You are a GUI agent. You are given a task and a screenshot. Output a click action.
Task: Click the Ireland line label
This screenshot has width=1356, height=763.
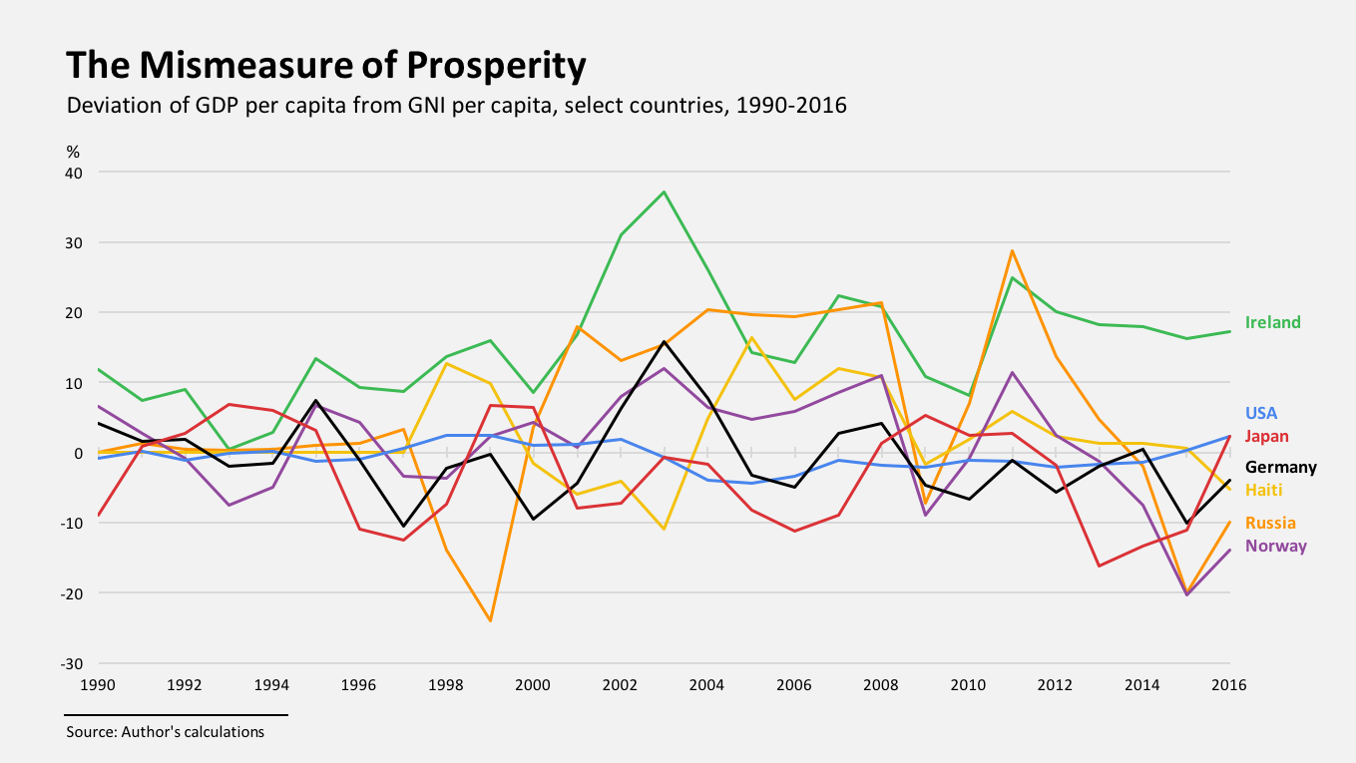pos(1273,322)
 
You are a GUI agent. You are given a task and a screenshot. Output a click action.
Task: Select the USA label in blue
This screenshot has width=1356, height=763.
pos(1261,413)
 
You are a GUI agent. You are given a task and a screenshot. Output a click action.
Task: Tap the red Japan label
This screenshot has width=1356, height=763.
pos(1267,436)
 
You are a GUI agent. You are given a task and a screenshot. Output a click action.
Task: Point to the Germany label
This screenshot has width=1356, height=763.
pos(1281,467)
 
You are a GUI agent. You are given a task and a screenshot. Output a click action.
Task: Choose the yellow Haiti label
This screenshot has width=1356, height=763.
pos(1264,490)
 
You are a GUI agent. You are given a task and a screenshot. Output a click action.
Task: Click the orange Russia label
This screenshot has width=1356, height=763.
pos(1270,523)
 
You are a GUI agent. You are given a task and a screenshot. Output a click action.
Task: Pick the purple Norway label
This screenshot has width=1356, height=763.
pos(1276,546)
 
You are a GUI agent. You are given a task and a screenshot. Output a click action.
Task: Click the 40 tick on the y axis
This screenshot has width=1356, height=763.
pos(75,173)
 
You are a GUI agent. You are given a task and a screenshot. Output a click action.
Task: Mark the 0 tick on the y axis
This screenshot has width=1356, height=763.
pos(79,453)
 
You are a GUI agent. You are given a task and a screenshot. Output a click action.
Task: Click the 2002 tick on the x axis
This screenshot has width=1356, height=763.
pos(621,685)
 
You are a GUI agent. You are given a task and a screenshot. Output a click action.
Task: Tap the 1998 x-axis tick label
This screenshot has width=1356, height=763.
pos(446,685)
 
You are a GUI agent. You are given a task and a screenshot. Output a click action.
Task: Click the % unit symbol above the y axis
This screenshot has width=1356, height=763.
pos(73,152)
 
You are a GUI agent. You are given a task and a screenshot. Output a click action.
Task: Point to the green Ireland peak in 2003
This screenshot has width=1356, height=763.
pos(665,191)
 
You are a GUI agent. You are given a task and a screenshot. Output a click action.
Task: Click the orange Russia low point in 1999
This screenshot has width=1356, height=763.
pos(490,620)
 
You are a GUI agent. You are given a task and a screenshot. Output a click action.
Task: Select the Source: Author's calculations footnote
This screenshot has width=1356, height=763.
pos(166,732)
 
